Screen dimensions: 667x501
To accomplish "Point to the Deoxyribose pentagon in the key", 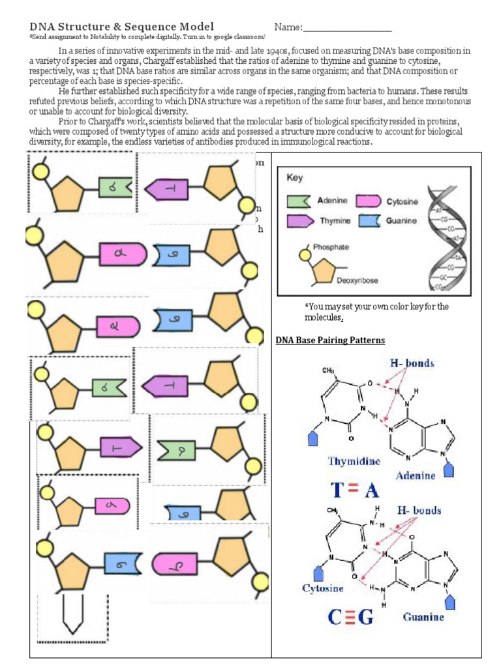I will click(x=322, y=272).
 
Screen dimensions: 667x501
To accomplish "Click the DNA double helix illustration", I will click(x=445, y=240).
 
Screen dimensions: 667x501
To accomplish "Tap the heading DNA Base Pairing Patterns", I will click(x=330, y=340).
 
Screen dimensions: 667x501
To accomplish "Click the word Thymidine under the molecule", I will click(x=354, y=462).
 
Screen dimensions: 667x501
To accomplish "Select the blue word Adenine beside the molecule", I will click(x=416, y=475).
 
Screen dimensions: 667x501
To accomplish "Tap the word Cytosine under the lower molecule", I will click(x=322, y=588).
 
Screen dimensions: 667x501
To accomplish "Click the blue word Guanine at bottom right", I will click(x=423, y=616).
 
